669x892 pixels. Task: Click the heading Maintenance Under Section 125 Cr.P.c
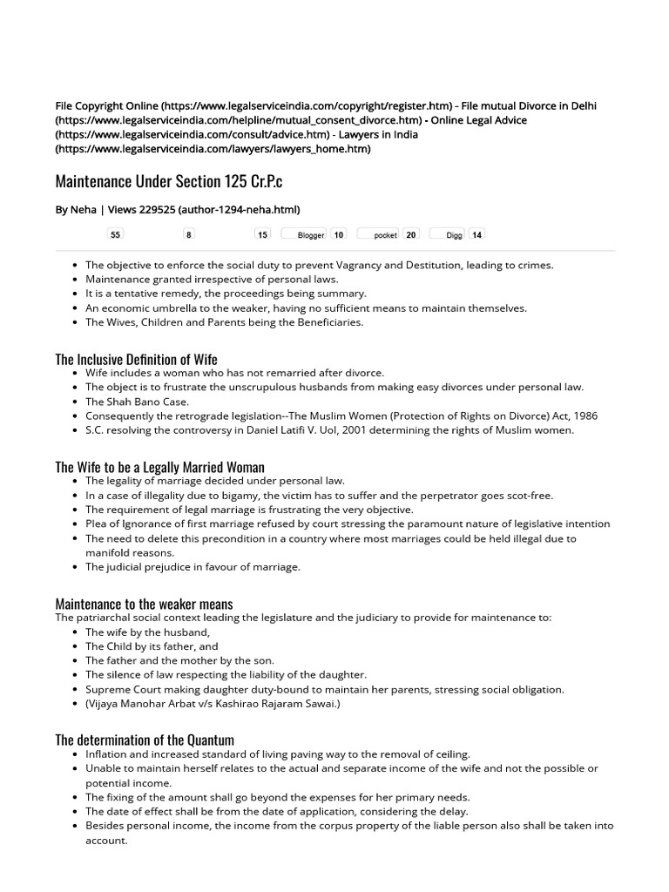[169, 182]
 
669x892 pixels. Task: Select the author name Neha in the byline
[84, 209]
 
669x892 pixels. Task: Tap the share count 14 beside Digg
[476, 234]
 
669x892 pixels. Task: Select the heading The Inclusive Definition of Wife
[137, 359]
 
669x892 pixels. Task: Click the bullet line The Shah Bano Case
[137, 402]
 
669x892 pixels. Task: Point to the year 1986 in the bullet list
[584, 416]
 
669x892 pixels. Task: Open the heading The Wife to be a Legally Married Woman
[160, 468]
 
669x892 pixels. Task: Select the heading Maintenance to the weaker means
[145, 604]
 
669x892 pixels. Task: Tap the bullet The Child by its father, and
[152, 646]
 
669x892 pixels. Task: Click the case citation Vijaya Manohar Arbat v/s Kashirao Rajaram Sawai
[213, 703]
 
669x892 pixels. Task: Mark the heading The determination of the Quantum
[145, 740]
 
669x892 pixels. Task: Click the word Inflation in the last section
[108, 754]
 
